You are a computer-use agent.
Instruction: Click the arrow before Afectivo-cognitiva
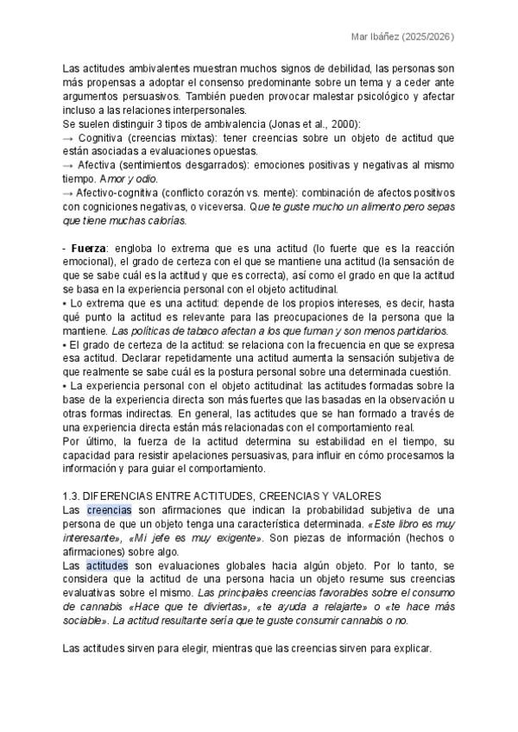coord(68,192)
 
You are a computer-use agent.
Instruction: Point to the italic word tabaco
coord(198,331)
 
